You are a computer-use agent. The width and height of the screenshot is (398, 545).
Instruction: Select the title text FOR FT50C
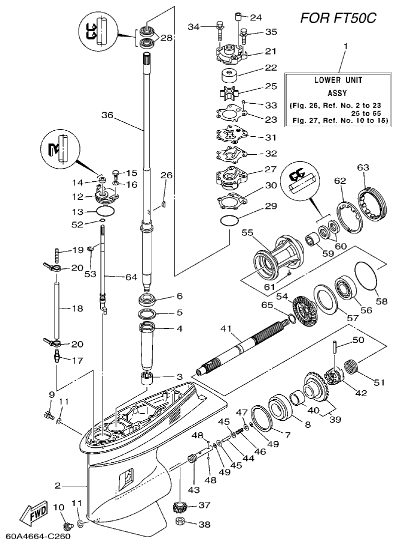click(x=337, y=19)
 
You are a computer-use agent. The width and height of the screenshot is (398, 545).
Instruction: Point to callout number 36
click(x=107, y=115)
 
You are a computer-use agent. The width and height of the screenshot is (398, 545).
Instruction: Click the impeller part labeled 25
click(x=229, y=92)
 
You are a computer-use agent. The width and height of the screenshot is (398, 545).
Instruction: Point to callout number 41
click(x=226, y=329)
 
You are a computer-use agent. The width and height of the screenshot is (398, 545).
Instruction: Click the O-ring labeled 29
click(x=229, y=220)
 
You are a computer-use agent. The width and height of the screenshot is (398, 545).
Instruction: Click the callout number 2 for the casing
click(x=58, y=485)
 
